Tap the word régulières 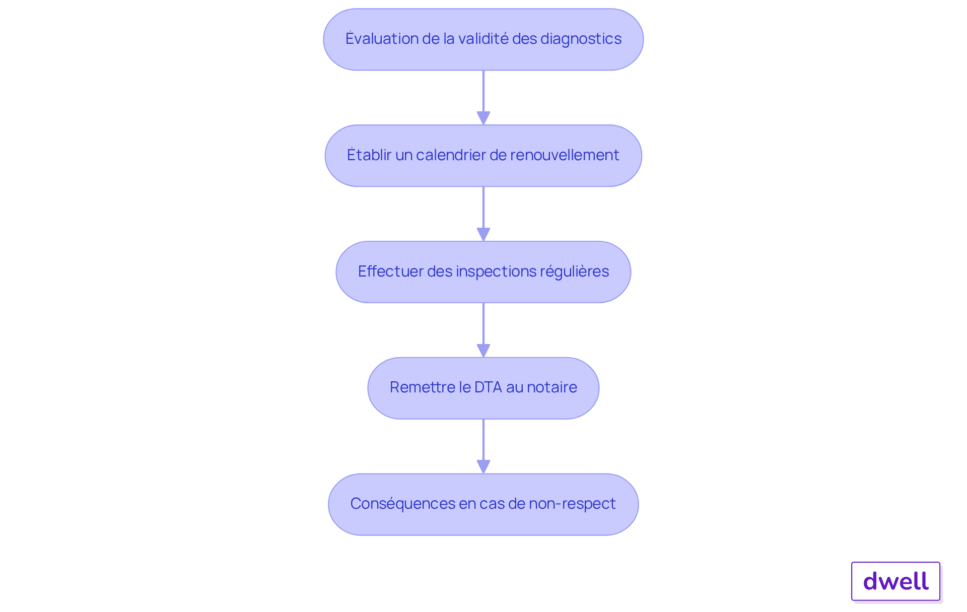575,271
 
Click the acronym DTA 488,387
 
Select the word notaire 552,387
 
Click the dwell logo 895,581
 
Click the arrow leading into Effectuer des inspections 483,214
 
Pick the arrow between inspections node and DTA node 483,330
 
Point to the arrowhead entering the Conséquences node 483,467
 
